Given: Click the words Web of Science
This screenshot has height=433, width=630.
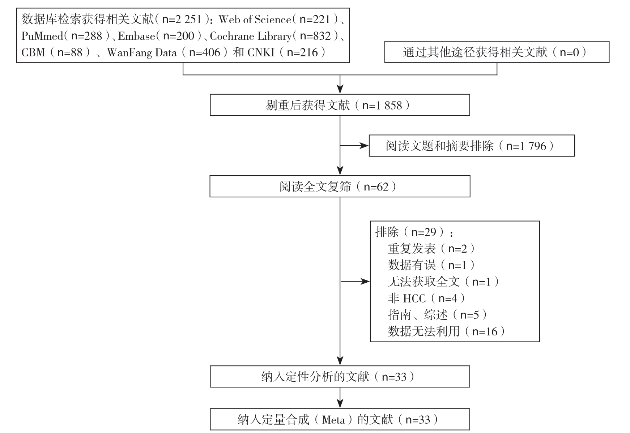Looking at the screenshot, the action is click(x=255, y=19).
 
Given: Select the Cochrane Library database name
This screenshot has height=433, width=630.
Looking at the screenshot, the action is click(x=251, y=36).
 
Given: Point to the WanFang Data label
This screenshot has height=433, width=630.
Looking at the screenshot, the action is click(x=142, y=53).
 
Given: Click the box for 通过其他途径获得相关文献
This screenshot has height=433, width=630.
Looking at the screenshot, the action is click(x=497, y=52).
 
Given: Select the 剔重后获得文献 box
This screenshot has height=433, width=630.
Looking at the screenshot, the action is click(x=340, y=105).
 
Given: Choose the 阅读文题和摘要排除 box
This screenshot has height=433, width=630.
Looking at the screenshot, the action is click(x=472, y=146).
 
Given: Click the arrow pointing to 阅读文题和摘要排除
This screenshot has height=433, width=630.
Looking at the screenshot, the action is click(x=354, y=146).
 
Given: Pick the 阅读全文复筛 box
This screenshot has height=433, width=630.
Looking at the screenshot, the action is click(x=340, y=187).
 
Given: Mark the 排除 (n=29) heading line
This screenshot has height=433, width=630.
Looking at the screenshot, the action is click(x=414, y=232).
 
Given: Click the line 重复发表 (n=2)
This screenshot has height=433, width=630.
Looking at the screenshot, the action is click(x=431, y=249).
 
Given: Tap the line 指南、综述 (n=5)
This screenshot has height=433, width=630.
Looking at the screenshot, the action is click(x=438, y=315).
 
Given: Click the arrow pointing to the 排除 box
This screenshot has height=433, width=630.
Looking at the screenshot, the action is click(x=355, y=282).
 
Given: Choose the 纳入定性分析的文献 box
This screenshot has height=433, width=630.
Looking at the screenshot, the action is click(x=340, y=377).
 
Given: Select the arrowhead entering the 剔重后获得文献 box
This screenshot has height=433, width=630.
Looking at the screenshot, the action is click(x=340, y=90).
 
